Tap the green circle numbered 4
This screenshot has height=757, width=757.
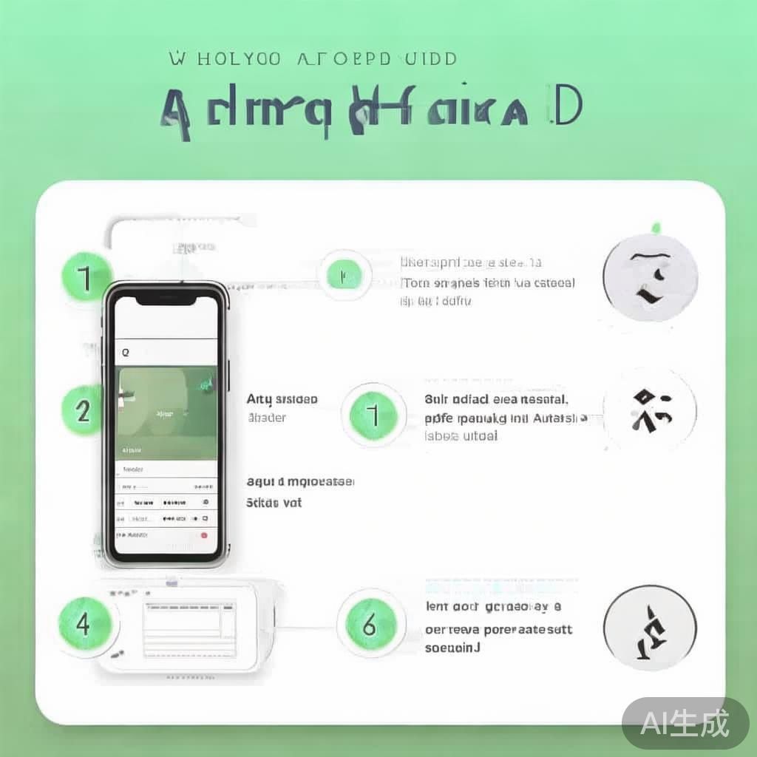(84, 625)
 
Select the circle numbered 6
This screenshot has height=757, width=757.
(370, 625)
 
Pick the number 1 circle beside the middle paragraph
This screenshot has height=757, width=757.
(374, 415)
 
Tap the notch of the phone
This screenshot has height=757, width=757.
(167, 296)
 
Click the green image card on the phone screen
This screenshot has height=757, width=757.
(168, 412)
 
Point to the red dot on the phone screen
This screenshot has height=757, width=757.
(204, 534)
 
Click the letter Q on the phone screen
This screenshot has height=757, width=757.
(125, 353)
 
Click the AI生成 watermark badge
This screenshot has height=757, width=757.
(685, 723)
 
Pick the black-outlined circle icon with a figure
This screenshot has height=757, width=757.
(650, 629)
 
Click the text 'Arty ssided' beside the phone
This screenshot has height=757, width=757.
(282, 399)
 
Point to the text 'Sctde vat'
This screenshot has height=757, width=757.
(274, 503)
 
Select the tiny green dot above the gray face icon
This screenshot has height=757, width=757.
(654, 227)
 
